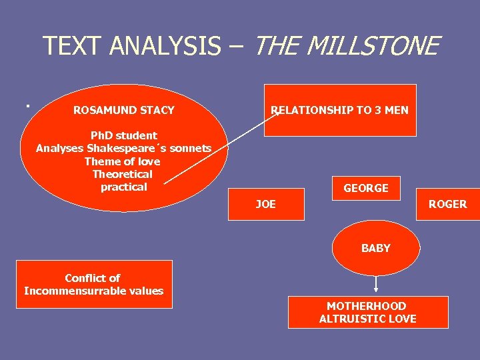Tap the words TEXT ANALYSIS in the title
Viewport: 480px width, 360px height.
[131, 46]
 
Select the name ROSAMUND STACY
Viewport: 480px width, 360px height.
[124, 110]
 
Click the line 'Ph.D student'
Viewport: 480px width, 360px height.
[124, 135]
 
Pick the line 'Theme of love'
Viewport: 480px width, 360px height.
[123, 161]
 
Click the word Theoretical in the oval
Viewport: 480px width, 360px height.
[123, 174]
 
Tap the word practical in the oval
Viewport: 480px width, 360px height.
[123, 187]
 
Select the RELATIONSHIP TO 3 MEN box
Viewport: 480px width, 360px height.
[340, 110]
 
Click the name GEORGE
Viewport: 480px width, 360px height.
[366, 188]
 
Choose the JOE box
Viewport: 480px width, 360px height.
[266, 204]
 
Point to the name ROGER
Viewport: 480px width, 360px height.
[447, 204]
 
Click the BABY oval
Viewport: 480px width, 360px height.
[376, 248]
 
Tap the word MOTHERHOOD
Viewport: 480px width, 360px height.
[367, 306]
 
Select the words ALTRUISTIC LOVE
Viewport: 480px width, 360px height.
[368, 319]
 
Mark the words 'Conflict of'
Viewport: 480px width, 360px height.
[93, 278]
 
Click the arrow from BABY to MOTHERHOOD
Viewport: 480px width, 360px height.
[376, 284]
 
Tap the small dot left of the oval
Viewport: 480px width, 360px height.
[27, 105]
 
